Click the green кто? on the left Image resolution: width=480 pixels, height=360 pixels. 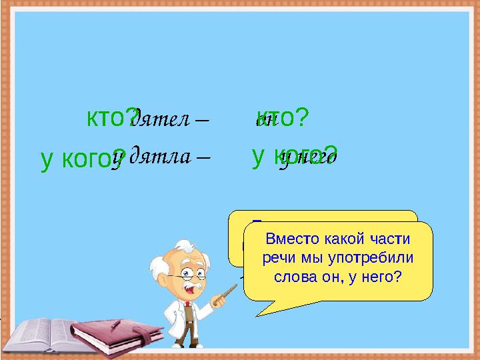coord(112,118)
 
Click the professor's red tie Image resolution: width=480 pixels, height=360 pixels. coord(188,313)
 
